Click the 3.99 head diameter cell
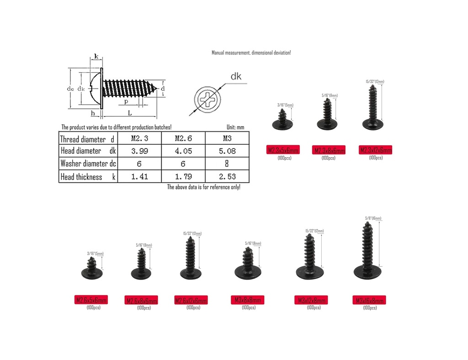coord(139,151)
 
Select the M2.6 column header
coord(183,138)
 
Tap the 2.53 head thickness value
coord(228,177)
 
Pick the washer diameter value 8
coord(228,164)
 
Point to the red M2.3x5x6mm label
coord(283,150)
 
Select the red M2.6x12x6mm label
coord(191,300)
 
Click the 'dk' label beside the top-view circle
coord(236,76)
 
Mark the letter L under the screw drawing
coord(130,112)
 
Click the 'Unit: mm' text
coord(235,127)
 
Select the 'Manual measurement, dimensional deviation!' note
coord(251,53)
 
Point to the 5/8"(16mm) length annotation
coord(373,218)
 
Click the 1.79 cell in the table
coord(183,177)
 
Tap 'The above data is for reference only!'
coord(203,187)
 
